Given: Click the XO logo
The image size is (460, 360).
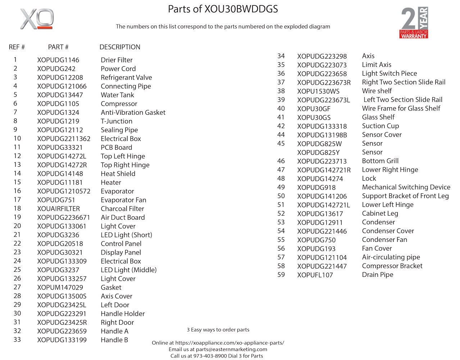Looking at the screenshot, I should click(x=37, y=19).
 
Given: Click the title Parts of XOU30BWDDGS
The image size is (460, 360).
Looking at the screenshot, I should click(x=223, y=9).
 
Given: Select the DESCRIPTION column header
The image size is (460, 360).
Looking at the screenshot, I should click(x=120, y=47).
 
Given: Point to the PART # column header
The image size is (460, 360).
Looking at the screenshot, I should click(x=58, y=47).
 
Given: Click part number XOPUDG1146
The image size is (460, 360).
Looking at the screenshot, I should click(x=58, y=60).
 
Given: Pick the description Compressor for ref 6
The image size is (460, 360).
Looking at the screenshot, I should click(x=119, y=104).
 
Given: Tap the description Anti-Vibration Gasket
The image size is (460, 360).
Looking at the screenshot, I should click(x=133, y=112).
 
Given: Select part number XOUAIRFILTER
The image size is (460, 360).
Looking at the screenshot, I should click(x=59, y=209).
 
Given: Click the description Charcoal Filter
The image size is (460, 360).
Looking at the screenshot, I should click(x=122, y=209).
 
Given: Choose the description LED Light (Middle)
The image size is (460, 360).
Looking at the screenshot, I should click(x=129, y=270).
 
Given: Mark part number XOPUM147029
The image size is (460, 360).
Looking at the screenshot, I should click(x=60, y=288).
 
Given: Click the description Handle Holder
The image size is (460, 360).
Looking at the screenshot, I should click(x=123, y=314).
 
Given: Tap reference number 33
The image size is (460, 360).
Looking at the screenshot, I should click(x=17, y=340).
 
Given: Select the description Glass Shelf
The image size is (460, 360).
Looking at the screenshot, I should click(x=378, y=117).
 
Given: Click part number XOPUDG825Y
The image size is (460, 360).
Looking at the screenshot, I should click(x=318, y=153).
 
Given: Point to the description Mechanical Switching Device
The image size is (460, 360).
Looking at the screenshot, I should click(x=406, y=187).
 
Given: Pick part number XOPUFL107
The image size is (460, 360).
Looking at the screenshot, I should click(x=315, y=275).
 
